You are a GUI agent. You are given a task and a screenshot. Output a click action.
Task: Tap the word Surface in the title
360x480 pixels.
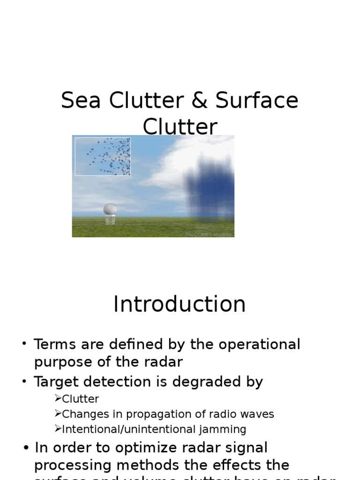[257, 101]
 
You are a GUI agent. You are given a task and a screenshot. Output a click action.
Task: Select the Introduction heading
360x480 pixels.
[180, 304]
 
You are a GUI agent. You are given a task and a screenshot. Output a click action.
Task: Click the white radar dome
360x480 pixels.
[110, 209]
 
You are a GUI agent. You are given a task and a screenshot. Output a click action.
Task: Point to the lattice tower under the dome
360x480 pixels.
[110, 220]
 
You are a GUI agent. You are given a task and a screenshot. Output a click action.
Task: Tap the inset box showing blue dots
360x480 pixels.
[103, 156]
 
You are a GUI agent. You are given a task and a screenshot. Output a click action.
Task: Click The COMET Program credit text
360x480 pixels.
[209, 234]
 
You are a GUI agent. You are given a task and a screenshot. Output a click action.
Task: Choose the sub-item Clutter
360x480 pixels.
[80, 399]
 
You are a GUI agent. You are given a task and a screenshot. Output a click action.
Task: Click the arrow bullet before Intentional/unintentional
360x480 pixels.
[58, 429]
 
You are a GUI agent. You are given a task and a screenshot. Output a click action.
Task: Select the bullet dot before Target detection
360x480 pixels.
[24, 382]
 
